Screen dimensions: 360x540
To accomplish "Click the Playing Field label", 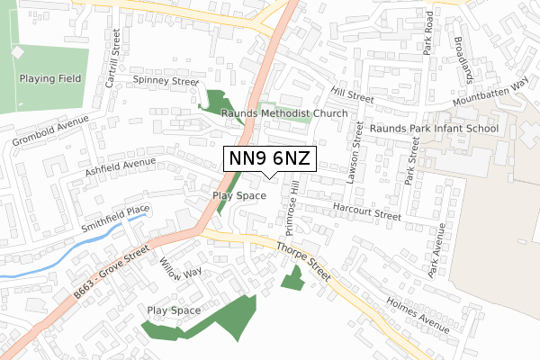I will pos(50,78).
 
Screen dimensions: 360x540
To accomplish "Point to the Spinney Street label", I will pos(165,81).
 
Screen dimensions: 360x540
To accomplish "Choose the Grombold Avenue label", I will pos(50,131).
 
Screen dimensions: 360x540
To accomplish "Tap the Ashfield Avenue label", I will pos(121,167).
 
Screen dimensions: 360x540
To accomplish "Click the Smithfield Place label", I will pos(112,213).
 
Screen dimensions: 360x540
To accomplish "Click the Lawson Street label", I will pos(356,147).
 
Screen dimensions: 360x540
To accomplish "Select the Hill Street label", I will pos(351,93).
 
